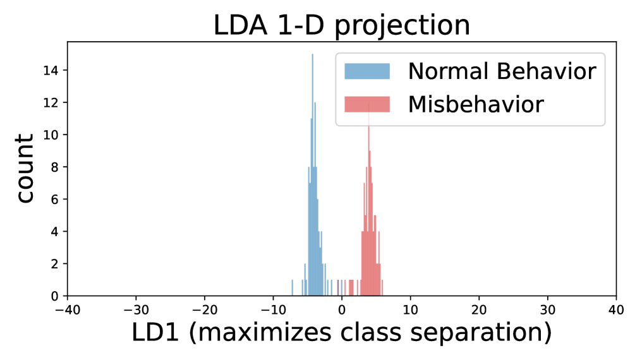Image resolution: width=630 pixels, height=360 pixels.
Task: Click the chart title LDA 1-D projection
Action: point(341,25)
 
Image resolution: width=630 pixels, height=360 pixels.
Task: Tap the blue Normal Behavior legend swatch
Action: point(367,71)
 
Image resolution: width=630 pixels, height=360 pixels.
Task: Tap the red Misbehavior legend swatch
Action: point(367,104)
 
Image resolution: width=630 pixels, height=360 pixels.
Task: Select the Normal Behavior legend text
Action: point(502,71)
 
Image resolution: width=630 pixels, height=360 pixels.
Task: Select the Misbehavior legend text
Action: point(476,104)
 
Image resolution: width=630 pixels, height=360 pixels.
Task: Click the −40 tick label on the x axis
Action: point(67,311)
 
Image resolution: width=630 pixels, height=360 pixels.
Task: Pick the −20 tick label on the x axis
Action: point(204,311)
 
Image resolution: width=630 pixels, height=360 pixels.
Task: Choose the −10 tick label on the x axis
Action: point(272,311)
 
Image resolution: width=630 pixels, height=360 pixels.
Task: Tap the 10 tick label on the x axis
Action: point(410,311)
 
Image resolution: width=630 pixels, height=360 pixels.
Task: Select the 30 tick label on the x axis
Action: point(547,311)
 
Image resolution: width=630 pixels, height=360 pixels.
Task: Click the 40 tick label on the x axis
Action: point(615,311)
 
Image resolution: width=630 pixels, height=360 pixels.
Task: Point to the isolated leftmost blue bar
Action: point(292,288)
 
